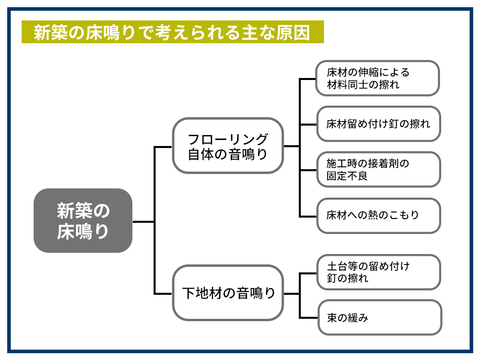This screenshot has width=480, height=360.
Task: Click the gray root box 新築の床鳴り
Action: pos(83,220)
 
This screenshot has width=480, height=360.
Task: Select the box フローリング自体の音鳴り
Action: pos(228,146)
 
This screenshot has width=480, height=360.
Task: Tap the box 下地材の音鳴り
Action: pos(228,293)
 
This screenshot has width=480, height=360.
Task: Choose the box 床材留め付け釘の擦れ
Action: pos(378,124)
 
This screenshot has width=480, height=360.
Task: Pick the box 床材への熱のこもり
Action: pos(378,216)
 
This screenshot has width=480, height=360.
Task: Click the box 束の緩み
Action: pos(380,317)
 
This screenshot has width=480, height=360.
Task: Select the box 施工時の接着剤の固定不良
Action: pos(378,169)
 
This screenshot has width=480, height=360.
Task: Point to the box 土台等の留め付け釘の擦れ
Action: pos(378,272)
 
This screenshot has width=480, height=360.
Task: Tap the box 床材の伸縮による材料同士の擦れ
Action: pos(378,78)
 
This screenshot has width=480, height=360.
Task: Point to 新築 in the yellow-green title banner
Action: pos(51,32)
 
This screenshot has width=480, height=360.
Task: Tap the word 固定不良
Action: pos(347,176)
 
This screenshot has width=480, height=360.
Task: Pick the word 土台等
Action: pos(342,266)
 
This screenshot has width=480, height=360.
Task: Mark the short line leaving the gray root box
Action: pos(144,222)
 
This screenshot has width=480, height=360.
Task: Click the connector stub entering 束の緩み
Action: pos(308,317)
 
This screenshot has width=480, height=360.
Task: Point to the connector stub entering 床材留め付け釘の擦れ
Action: pos(308,124)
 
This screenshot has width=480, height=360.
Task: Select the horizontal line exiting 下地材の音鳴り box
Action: pos(292,294)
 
